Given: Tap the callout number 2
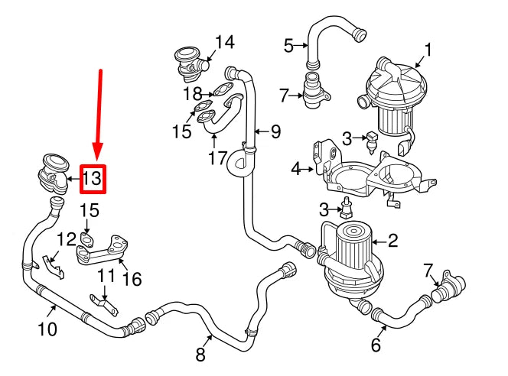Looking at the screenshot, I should pyautogui.click(x=392, y=241).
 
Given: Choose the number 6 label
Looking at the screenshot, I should pyautogui.click(x=376, y=345).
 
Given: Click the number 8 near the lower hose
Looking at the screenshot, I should pyautogui.click(x=201, y=353).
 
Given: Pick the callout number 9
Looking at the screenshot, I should pyautogui.click(x=275, y=131).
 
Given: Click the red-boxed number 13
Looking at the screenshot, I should pyautogui.click(x=92, y=179).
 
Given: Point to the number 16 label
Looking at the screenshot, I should pyautogui.click(x=132, y=279).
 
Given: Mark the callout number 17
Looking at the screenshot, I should pyautogui.click(x=217, y=158).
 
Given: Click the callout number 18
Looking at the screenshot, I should pyautogui.click(x=193, y=94).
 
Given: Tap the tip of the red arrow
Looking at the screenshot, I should pyautogui.click(x=97, y=159).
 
